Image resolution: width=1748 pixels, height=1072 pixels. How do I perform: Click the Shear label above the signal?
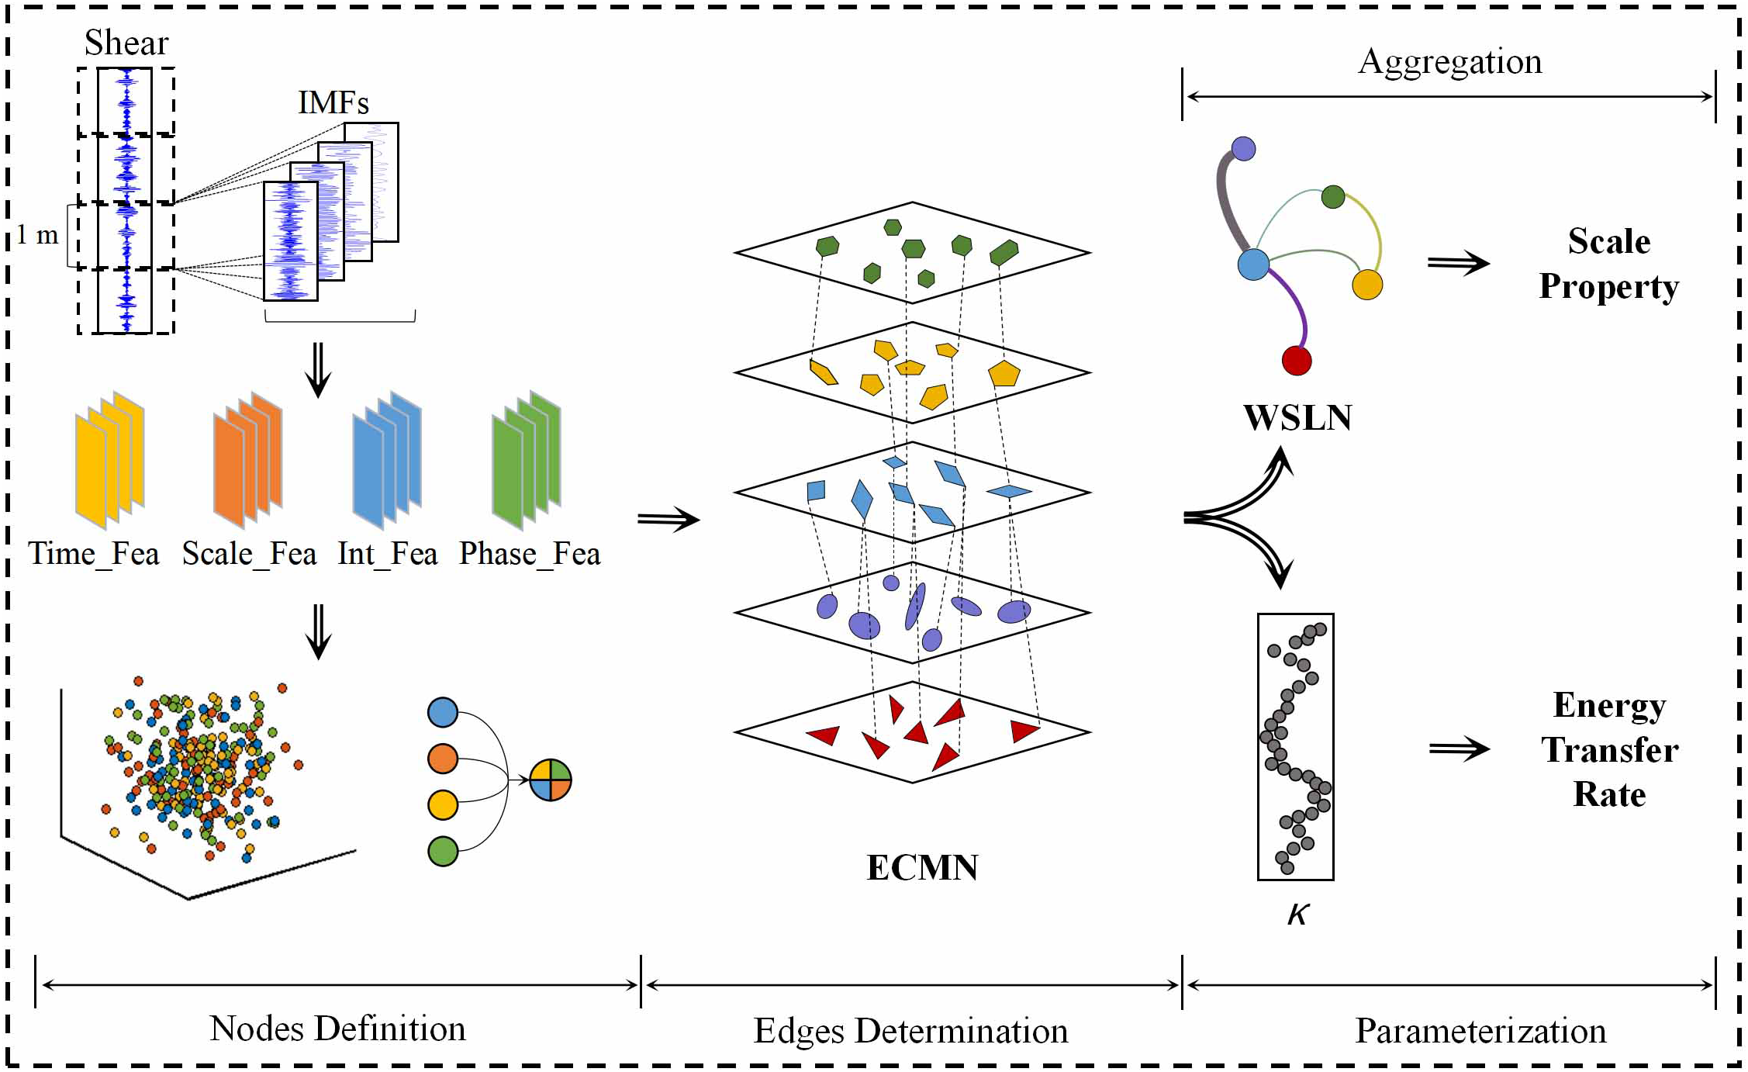click(x=126, y=43)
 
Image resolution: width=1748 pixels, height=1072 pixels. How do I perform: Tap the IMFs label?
click(x=333, y=102)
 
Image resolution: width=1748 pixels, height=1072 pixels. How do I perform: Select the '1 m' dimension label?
click(x=37, y=234)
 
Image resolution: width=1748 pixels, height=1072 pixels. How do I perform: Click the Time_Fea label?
click(x=94, y=554)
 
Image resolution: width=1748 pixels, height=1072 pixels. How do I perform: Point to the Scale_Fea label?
click(x=249, y=554)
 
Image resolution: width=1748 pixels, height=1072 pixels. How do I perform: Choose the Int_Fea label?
click(x=388, y=554)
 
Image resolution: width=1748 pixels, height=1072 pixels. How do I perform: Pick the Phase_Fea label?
click(x=530, y=554)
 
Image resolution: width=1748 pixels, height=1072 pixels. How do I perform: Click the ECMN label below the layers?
click(x=922, y=867)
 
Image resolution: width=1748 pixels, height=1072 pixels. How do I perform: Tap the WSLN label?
click(x=1297, y=417)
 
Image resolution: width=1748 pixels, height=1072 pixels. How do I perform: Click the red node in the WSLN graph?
click(x=1297, y=361)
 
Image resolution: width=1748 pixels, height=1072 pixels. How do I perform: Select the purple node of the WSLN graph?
click(x=1243, y=148)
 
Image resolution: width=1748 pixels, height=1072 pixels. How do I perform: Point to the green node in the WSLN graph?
click(x=1333, y=196)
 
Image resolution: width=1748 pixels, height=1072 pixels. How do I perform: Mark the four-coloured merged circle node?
click(x=551, y=780)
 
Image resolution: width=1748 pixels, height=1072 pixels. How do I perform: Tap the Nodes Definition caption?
click(x=337, y=1029)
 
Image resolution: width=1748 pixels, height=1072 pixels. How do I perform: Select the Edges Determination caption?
click(x=910, y=1031)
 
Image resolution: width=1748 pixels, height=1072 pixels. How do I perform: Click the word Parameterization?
click(x=1480, y=1031)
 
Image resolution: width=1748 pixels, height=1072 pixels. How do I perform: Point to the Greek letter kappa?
click(x=1297, y=915)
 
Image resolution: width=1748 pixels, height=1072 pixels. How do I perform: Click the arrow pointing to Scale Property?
click(x=1458, y=263)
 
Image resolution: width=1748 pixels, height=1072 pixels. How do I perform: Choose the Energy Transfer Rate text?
click(x=1609, y=749)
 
